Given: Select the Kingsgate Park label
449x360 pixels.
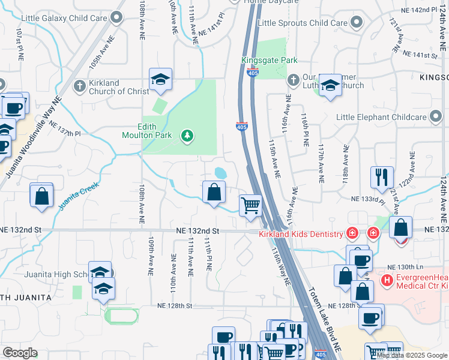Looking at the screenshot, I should (x=270, y=61).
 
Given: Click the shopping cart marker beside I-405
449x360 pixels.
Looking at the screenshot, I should (x=250, y=205).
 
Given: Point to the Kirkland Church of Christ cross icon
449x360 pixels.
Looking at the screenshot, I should (x=79, y=87).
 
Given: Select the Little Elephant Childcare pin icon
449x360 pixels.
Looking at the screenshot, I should (x=436, y=117).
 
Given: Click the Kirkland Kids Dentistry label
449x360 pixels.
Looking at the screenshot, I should (x=300, y=233).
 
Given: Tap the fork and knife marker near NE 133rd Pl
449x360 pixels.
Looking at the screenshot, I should (x=382, y=176).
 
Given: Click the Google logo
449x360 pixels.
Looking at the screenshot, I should (x=20, y=353).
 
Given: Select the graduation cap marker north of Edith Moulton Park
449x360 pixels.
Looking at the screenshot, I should (x=160, y=80).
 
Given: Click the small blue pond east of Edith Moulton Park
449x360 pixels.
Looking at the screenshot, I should (x=220, y=173).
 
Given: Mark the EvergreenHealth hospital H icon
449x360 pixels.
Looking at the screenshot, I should (x=387, y=279).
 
